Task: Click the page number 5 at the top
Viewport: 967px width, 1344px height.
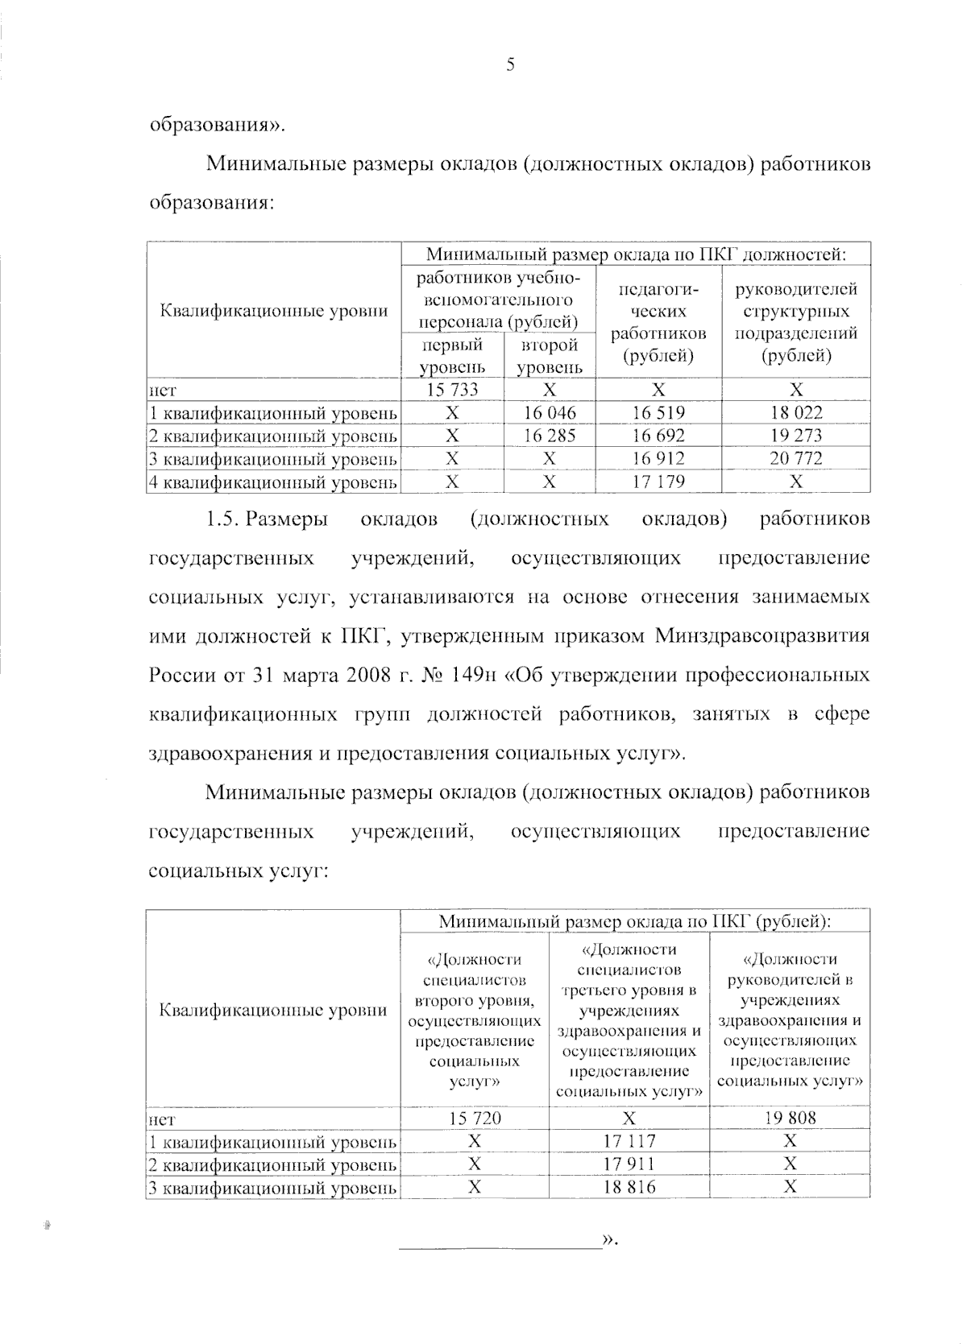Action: tap(510, 66)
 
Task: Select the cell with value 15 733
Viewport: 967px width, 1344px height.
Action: tap(452, 391)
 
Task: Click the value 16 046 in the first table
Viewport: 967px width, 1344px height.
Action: tap(550, 413)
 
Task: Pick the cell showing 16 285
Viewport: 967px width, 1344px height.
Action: tap(550, 436)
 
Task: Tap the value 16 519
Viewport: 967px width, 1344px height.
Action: tap(658, 413)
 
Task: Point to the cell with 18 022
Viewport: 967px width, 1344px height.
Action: tap(795, 413)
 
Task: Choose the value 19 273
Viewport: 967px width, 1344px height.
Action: tap(795, 436)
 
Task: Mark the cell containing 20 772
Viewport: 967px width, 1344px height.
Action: tap(795, 459)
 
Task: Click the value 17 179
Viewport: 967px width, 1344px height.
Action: tap(658, 482)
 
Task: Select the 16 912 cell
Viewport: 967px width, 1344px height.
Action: tap(658, 459)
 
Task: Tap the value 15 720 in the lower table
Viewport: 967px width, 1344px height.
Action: tap(475, 1118)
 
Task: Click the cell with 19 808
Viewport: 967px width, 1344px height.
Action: tap(790, 1118)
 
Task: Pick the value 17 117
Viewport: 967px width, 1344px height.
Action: tap(629, 1141)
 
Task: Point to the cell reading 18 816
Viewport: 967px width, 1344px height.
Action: tap(629, 1187)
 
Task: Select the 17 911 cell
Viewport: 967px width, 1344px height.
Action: tap(629, 1164)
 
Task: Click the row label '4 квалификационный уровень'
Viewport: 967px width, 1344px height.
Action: tap(273, 482)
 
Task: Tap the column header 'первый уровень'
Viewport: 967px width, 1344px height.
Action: tap(452, 356)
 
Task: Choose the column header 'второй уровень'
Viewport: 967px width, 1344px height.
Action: tap(550, 356)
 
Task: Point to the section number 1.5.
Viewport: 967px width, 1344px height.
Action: tap(221, 519)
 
